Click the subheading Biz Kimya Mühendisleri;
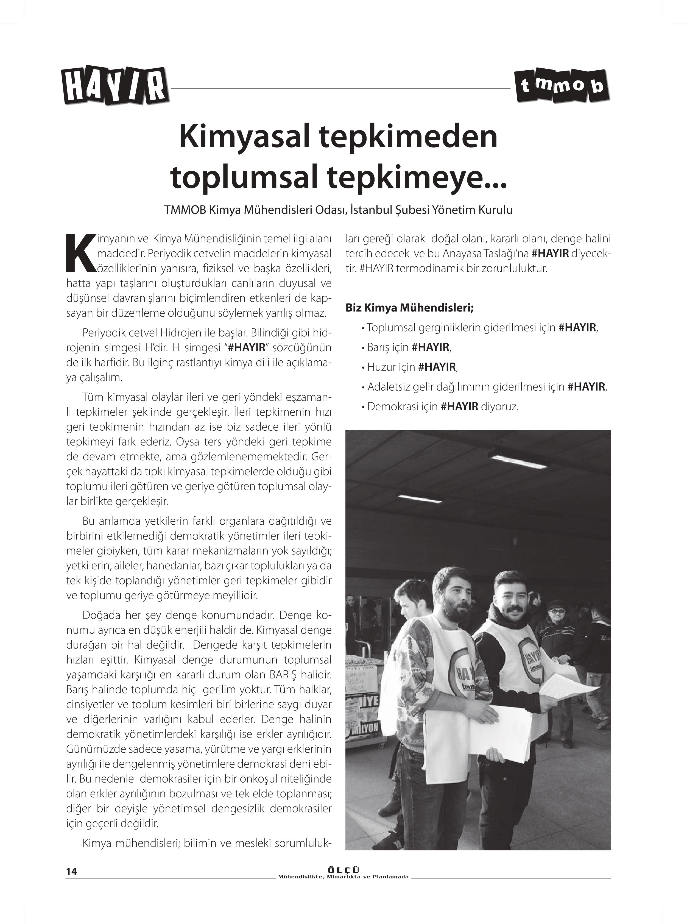410,308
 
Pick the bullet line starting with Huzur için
412,367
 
